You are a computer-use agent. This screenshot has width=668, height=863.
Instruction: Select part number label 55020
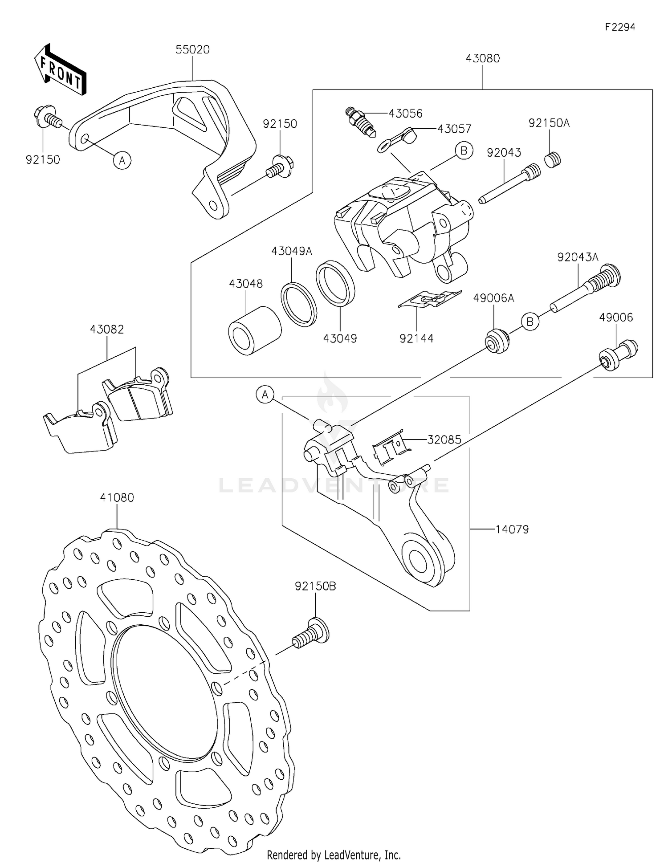click(x=192, y=49)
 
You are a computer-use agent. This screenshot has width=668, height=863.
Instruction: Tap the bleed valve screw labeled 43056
click(x=361, y=121)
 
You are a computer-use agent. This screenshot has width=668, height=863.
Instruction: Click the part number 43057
click(x=454, y=129)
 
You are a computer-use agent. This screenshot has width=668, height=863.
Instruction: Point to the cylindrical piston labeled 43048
click(x=254, y=331)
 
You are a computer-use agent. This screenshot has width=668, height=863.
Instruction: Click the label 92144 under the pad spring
click(x=416, y=338)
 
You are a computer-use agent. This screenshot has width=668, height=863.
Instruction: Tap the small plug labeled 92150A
click(x=553, y=159)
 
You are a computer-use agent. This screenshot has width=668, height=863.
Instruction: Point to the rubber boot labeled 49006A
click(x=497, y=341)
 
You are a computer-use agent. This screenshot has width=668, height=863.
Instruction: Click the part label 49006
click(x=616, y=317)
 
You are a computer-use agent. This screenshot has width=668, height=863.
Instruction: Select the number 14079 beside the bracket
click(x=512, y=529)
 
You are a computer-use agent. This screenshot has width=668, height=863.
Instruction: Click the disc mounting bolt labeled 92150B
click(x=311, y=633)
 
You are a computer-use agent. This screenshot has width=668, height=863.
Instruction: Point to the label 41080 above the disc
click(x=117, y=497)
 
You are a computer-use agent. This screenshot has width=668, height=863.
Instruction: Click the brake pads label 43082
click(x=107, y=329)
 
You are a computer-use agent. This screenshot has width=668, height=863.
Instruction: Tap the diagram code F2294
click(x=620, y=27)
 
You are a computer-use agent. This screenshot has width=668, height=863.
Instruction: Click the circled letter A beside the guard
click(x=122, y=160)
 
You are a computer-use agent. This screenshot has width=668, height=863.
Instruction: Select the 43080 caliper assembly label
click(x=483, y=58)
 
